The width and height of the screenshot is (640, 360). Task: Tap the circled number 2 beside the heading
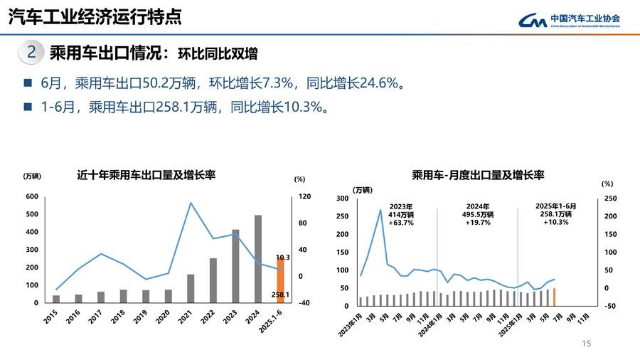tap(32, 52)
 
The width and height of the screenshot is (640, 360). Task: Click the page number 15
tap(587, 344)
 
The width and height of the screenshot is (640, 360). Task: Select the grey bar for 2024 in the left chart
tap(258, 259)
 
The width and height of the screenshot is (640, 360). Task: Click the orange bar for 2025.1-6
tap(280, 281)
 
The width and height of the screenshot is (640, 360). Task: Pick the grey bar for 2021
tap(191, 288)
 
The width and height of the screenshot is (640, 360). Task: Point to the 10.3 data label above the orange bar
tap(283, 257)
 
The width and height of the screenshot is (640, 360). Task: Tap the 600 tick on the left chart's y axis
tap(31, 196)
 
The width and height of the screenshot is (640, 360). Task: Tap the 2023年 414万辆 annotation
tap(401, 213)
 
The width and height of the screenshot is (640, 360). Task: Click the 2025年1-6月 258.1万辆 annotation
tap(555, 213)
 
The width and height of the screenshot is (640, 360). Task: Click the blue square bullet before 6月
tap(28, 83)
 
